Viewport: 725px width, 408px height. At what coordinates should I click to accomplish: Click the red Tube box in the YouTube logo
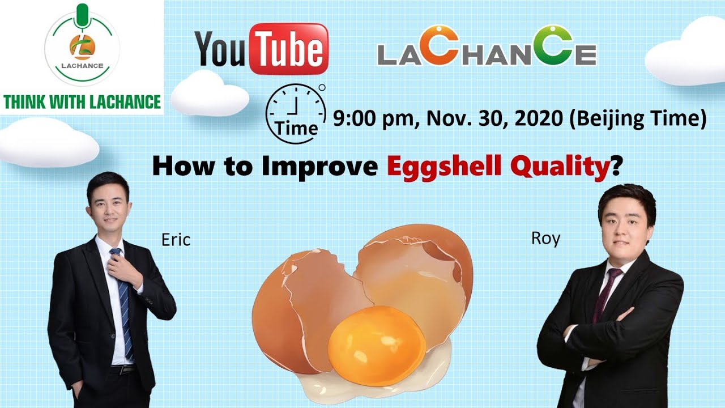pos(289,49)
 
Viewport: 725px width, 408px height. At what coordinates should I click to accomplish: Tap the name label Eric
pos(176,240)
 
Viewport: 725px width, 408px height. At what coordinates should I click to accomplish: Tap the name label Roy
pos(545,239)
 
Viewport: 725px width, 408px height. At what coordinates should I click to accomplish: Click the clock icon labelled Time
pos(296,113)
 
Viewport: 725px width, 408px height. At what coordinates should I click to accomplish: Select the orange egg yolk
pos(377,346)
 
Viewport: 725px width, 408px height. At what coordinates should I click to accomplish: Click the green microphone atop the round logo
pos(82,15)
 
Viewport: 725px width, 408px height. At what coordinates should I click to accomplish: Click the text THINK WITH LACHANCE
pos(82,101)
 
